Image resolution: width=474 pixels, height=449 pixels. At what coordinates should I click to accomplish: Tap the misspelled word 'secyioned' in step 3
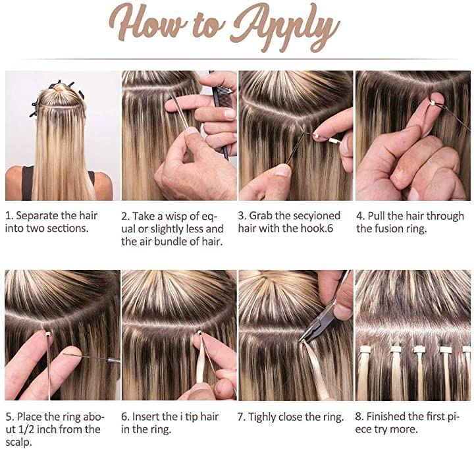pos(312,217)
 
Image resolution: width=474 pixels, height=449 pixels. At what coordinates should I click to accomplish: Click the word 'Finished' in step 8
pos(386,417)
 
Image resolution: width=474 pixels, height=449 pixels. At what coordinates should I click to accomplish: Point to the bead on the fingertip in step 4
pos(433,103)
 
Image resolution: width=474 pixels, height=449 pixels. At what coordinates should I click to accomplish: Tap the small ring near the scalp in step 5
pos(47,334)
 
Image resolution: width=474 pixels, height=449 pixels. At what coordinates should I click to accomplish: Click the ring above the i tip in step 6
pos(199,332)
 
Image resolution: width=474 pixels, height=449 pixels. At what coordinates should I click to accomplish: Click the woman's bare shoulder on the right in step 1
pos(103,184)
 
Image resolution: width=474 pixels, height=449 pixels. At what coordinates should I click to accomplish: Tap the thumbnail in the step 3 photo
pos(282,171)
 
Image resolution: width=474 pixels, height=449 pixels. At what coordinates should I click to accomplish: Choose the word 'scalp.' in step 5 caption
pos(18,442)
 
